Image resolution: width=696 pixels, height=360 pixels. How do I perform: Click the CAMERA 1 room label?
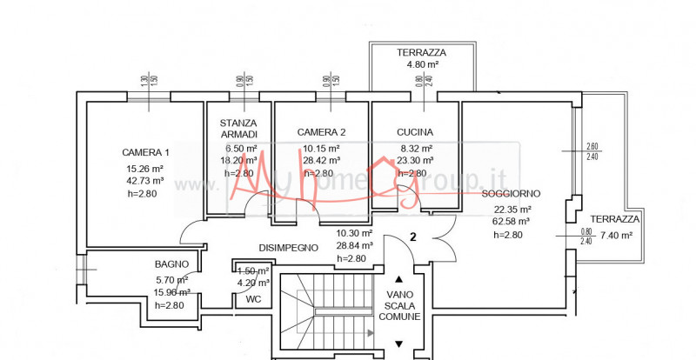pyautogui.click(x=145, y=153)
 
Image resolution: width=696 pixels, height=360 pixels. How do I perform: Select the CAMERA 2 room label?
pyautogui.click(x=321, y=132)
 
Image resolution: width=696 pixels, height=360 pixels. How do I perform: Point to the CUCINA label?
pyautogui.click(x=415, y=132)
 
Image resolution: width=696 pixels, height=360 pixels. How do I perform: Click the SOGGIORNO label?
pyautogui.click(x=512, y=193)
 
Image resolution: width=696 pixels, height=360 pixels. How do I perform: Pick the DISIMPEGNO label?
pyautogui.click(x=287, y=248)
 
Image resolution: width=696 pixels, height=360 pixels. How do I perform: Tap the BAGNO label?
pyautogui.click(x=172, y=263)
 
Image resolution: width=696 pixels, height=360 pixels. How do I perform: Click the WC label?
pyautogui.click(x=253, y=299)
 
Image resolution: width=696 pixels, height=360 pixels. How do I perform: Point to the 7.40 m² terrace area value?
pyautogui.click(x=612, y=235)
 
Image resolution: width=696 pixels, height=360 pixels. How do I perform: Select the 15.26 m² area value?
pyautogui.click(x=145, y=169)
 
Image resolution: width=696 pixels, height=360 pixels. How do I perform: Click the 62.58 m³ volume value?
pyautogui.click(x=512, y=221)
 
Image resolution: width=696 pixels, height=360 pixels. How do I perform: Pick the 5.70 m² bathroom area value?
pyautogui.click(x=172, y=278)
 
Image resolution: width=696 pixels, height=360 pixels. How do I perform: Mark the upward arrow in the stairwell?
pyautogui.click(x=399, y=280)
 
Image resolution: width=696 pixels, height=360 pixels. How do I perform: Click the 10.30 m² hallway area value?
pyautogui.click(x=354, y=233)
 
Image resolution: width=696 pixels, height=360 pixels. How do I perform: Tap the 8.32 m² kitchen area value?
pyautogui.click(x=415, y=148)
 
